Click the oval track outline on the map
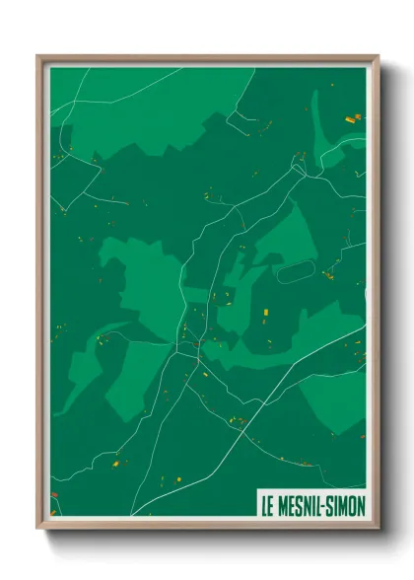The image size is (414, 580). [x=292, y=270]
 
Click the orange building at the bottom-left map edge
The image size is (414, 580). [x=54, y=495]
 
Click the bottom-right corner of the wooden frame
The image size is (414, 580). [x=378, y=528]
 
